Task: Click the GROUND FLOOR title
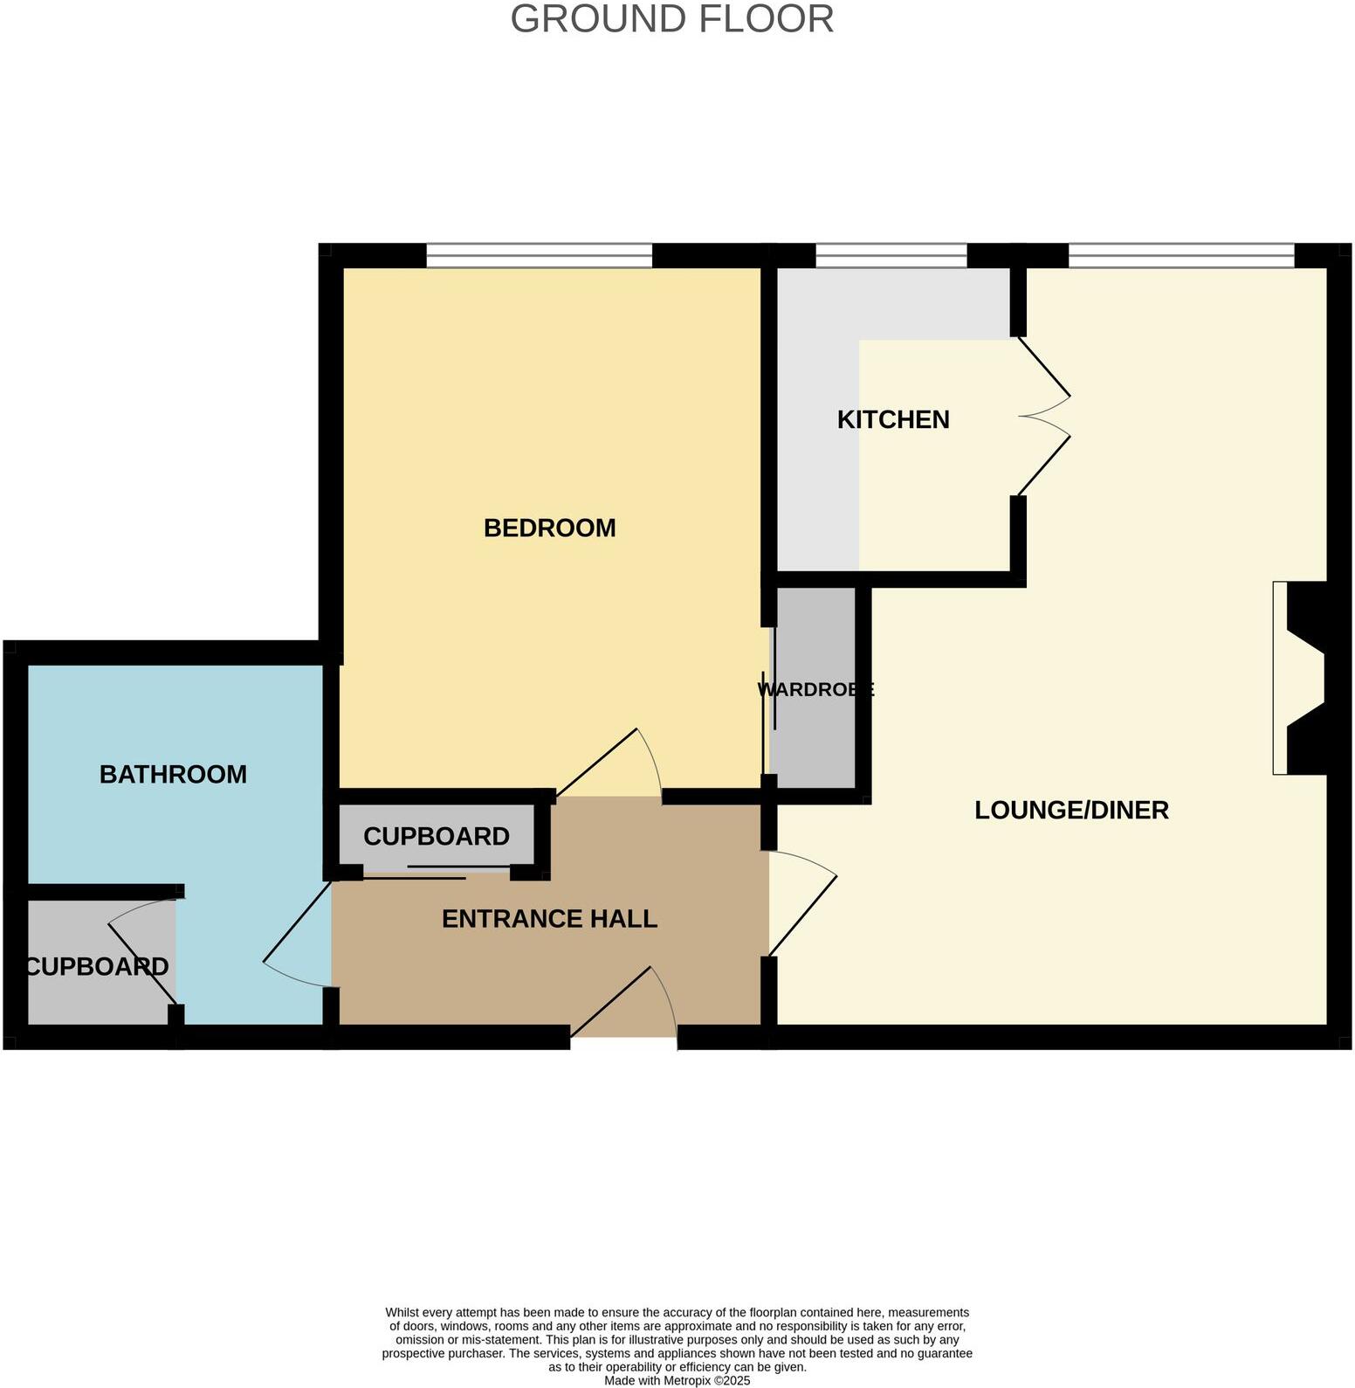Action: (671, 19)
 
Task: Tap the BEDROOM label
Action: (549, 528)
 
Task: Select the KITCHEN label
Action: (892, 419)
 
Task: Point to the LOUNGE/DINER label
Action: (1070, 810)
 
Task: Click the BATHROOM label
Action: (173, 774)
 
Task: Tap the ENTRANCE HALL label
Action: (549, 918)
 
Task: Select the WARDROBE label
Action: (815, 689)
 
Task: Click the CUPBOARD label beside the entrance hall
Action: (436, 836)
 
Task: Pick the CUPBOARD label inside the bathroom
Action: (97, 966)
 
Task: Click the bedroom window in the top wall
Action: (539, 255)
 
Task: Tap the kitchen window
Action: (891, 255)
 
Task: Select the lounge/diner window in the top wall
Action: (1180, 255)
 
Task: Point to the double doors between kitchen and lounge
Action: (1044, 417)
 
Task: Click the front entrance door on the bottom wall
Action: (623, 1005)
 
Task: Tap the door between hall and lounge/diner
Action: (801, 905)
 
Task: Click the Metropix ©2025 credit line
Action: (677, 1381)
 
